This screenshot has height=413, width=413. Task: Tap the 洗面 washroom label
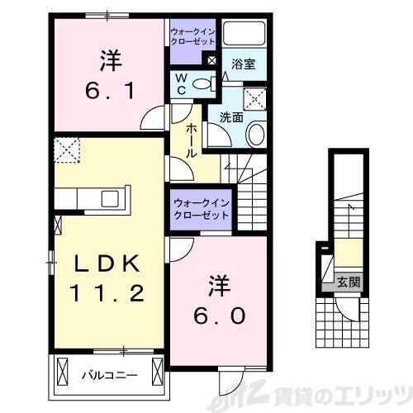231,117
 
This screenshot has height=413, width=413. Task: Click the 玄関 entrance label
347,282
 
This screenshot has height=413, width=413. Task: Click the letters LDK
110,264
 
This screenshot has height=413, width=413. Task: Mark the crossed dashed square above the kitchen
65,152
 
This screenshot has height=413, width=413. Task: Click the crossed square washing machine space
255,100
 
